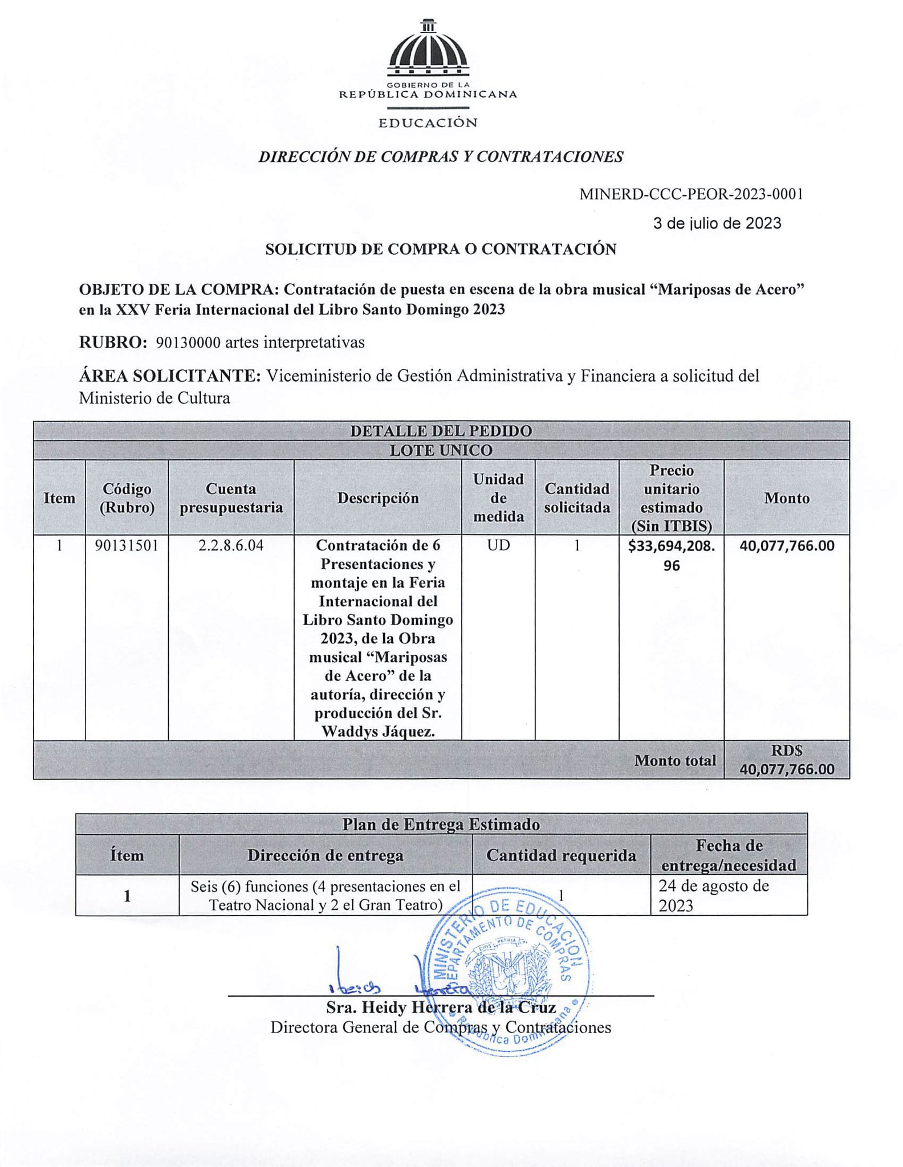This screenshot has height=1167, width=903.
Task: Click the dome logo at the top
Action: [428, 51]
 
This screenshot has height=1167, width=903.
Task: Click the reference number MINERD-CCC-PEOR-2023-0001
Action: [691, 194]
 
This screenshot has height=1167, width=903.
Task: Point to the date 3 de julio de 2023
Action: [717, 223]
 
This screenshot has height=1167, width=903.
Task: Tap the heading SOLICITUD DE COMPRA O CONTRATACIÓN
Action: [441, 249]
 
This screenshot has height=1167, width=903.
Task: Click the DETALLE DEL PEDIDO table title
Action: [441, 431]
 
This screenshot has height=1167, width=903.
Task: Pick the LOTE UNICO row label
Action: [441, 450]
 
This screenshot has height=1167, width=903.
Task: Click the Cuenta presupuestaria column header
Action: [231, 498]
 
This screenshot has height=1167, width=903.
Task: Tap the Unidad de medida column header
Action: [498, 498]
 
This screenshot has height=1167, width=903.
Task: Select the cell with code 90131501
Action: [127, 546]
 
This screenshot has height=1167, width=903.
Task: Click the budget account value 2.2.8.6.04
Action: [231, 546]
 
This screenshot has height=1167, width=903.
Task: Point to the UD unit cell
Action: [498, 546]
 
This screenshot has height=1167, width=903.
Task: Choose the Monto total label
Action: [675, 761]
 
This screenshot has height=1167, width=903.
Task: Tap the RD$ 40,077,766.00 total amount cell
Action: [787, 760]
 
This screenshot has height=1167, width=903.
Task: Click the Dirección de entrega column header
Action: [325, 855]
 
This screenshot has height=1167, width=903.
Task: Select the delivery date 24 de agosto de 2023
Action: [714, 895]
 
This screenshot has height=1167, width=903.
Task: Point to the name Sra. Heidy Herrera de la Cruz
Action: [441, 1007]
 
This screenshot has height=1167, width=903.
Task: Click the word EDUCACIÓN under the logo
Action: [428, 123]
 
